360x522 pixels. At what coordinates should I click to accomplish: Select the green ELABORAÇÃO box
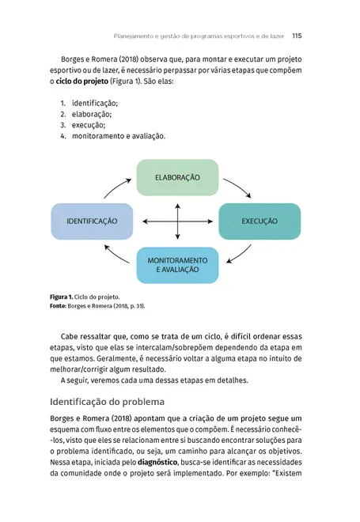177,176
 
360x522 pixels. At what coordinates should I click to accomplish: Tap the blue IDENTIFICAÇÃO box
92,221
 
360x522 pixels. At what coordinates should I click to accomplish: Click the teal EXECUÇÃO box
260,221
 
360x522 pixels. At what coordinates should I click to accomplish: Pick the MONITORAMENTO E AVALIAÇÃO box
177,265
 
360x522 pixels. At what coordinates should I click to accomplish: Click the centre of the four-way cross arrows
177,221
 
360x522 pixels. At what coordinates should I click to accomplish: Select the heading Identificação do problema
107,400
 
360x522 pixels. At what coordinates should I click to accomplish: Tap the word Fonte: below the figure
60,305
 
